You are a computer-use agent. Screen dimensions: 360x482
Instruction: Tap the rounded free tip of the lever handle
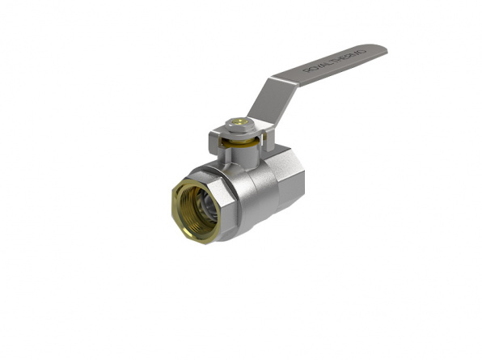coord(380,51)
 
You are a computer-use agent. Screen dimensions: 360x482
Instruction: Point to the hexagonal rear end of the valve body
coord(287,181)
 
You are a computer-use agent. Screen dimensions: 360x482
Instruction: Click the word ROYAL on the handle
coord(316,69)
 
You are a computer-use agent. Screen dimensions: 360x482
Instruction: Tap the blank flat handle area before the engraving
coord(291,78)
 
